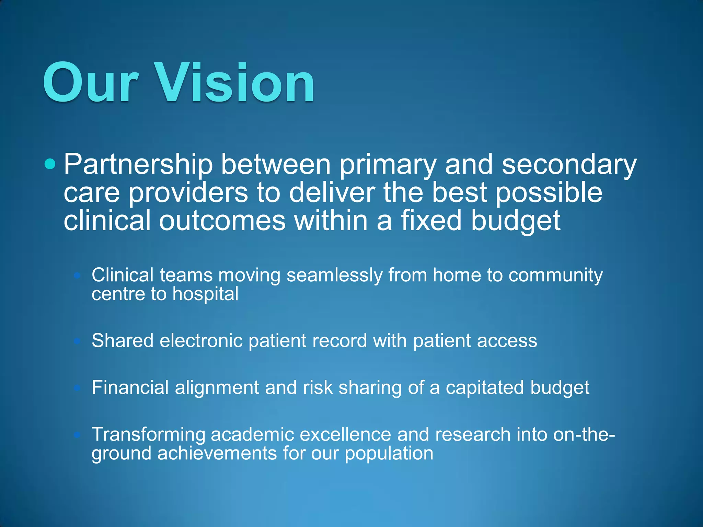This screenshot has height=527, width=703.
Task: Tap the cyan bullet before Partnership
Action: [x=50, y=164]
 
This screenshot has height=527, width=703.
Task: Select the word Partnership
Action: [x=138, y=165]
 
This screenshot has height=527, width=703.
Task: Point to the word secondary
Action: [x=569, y=165]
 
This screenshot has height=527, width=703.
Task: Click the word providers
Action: [x=188, y=193]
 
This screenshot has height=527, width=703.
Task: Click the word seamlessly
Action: [x=334, y=276]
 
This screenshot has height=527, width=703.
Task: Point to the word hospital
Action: [x=205, y=294]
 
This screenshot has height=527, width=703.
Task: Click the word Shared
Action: [x=123, y=341]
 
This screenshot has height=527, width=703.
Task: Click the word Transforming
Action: [x=148, y=435]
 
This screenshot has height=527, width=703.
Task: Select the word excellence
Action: [x=345, y=434]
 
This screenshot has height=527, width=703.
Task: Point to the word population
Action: [x=389, y=454]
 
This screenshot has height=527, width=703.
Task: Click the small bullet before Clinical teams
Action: [x=77, y=275]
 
